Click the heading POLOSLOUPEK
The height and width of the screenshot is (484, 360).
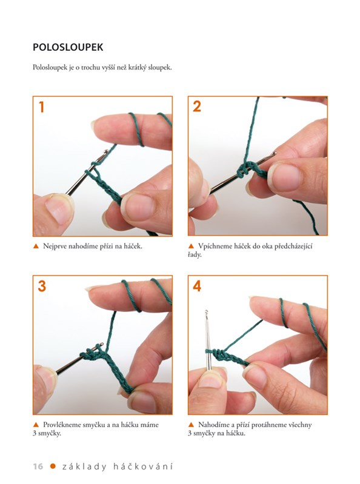click(68, 47)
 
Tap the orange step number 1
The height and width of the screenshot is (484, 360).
click(41, 107)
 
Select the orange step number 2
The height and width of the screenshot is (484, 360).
click(197, 107)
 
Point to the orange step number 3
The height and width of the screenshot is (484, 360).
click(42, 286)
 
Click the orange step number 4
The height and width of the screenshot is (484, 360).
click(197, 286)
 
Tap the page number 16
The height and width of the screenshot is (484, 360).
click(38, 466)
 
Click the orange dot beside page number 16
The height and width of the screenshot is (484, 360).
click(53, 466)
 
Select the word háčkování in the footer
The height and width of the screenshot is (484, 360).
click(143, 466)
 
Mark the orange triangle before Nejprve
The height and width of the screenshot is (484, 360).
click(36, 247)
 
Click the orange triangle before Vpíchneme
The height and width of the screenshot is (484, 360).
click(191, 247)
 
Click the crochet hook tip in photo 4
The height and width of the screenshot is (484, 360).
click(206, 311)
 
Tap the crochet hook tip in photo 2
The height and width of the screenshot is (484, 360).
click(275, 153)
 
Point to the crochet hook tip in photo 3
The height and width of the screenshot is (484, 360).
click(101, 344)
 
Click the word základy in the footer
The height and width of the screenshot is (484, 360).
click(84, 466)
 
